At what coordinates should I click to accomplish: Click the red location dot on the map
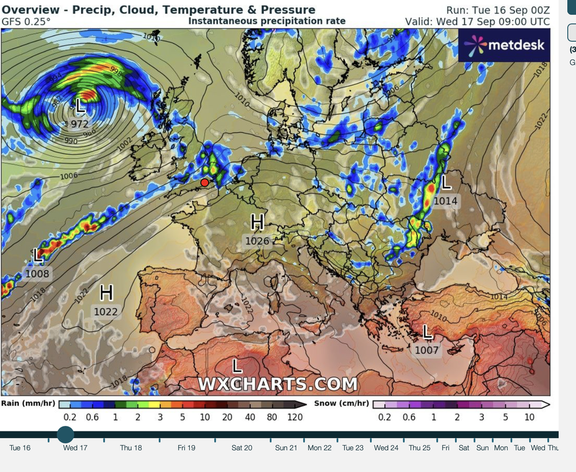(x=205, y=183)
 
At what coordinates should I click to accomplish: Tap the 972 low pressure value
(x=79, y=124)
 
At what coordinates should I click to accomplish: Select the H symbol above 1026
(x=257, y=223)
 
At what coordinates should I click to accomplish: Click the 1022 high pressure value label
(x=106, y=312)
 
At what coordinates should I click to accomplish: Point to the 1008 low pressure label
(x=38, y=273)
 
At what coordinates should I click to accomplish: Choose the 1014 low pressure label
(x=446, y=201)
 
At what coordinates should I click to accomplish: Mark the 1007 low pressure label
(x=427, y=350)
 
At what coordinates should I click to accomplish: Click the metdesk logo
(x=504, y=45)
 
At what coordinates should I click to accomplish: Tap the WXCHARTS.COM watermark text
(x=277, y=384)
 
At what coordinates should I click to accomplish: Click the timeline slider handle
(x=65, y=435)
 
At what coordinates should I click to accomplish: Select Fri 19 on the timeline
(x=186, y=448)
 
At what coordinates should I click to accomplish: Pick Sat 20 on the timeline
(x=242, y=448)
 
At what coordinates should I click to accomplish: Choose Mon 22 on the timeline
(x=319, y=448)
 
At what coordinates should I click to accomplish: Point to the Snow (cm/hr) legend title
(x=341, y=403)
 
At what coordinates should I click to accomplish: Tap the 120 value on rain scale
(x=295, y=417)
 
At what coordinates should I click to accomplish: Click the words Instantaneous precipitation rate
(x=267, y=21)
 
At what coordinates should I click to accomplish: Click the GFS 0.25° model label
(x=26, y=21)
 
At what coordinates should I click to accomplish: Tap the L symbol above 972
(x=81, y=106)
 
